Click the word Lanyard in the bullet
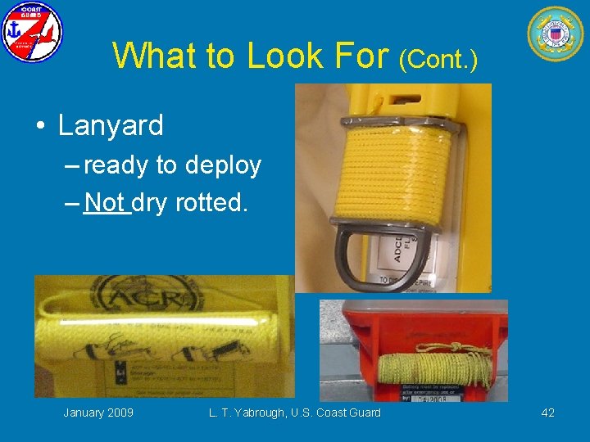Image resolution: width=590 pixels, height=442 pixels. (111, 125)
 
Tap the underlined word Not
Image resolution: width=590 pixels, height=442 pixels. (107, 201)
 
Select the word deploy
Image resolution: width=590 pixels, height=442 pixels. (223, 166)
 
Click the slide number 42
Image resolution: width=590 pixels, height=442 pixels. (547, 413)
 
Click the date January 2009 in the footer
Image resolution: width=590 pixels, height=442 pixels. (98, 413)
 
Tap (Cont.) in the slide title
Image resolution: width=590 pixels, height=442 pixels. (438, 58)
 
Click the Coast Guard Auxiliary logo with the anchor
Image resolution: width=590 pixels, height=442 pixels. (32, 32)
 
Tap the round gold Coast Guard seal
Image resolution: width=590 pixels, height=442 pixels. (555, 33)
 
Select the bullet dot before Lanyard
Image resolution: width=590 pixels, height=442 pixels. (39, 126)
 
